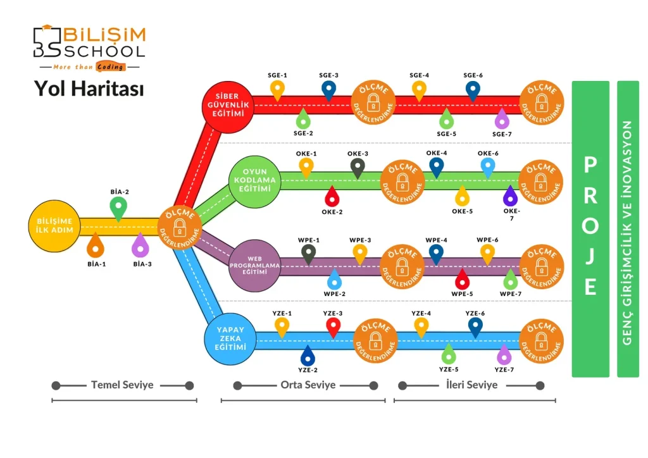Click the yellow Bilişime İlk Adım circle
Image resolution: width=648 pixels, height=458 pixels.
click(x=55, y=226)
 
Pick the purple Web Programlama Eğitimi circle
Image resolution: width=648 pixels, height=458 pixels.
click(x=254, y=266)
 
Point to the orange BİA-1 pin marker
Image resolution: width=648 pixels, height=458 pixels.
click(x=96, y=245)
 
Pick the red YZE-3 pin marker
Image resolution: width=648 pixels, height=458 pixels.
click(x=333, y=326)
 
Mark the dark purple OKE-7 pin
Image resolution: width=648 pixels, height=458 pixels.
click(x=510, y=195)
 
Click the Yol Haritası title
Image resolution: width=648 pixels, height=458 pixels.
click(x=89, y=89)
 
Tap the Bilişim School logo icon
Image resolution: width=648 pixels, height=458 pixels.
click(x=47, y=41)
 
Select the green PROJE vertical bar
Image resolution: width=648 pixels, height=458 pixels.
click(x=590, y=228)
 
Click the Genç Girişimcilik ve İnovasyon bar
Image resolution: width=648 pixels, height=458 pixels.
click(x=628, y=228)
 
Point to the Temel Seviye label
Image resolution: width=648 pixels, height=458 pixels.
click(x=122, y=385)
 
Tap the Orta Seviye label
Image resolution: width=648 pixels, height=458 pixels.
click(x=308, y=385)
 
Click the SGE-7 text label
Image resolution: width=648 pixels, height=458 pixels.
click(x=502, y=134)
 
